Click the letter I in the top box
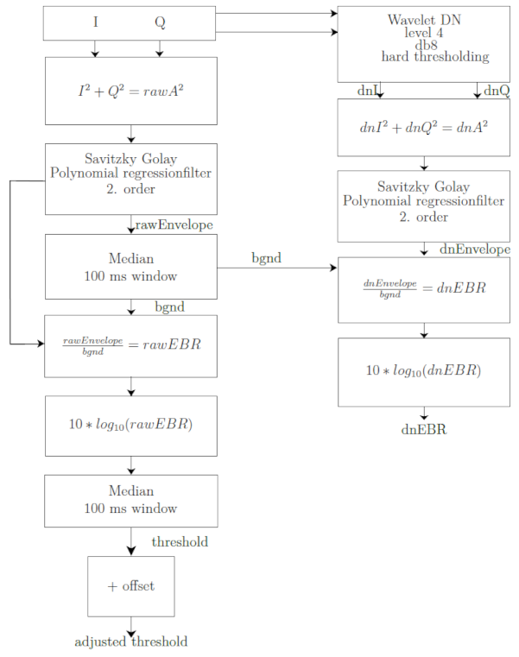coord(96,22)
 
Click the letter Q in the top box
coord(160,22)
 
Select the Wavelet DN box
coord(424,44)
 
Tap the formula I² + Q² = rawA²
coord(130,91)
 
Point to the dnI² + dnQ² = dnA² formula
coord(424,127)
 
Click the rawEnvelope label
coord(174,225)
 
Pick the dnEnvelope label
coord(475,250)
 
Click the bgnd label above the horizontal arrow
coord(266,257)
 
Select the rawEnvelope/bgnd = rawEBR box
coord(130,346)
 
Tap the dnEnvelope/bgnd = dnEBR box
coord(424,290)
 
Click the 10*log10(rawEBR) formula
coord(130,424)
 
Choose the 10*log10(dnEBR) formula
coord(423,370)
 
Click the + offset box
coord(130,586)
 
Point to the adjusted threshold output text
coord(130,641)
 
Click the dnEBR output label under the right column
coord(424,429)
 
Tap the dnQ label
coord(497,91)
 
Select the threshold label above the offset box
coord(180,542)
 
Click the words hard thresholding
coord(435,57)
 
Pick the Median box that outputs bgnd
coord(130,267)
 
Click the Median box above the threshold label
coord(130,501)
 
